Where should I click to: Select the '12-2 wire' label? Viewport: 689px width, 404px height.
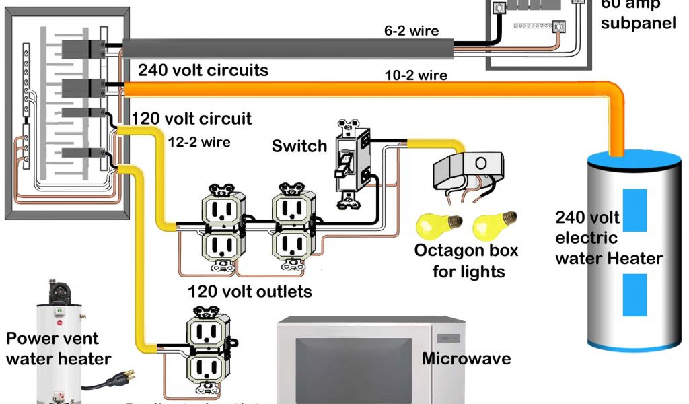pyautogui.click(x=199, y=142)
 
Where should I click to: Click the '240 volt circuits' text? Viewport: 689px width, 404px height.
pyautogui.click(x=203, y=70)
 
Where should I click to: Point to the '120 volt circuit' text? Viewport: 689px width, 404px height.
pyautogui.click(x=192, y=119)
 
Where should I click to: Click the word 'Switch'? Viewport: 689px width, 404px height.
pyautogui.click(x=299, y=146)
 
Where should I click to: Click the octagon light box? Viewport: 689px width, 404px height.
pyautogui.click(x=467, y=168)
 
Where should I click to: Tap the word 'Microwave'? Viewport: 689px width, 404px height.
pyautogui.click(x=466, y=358)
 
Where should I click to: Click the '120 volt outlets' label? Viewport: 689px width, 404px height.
pyautogui.click(x=250, y=292)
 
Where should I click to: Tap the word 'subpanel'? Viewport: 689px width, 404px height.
pyautogui.click(x=638, y=23)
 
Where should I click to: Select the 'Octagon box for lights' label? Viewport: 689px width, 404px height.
pyautogui.click(x=466, y=261)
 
